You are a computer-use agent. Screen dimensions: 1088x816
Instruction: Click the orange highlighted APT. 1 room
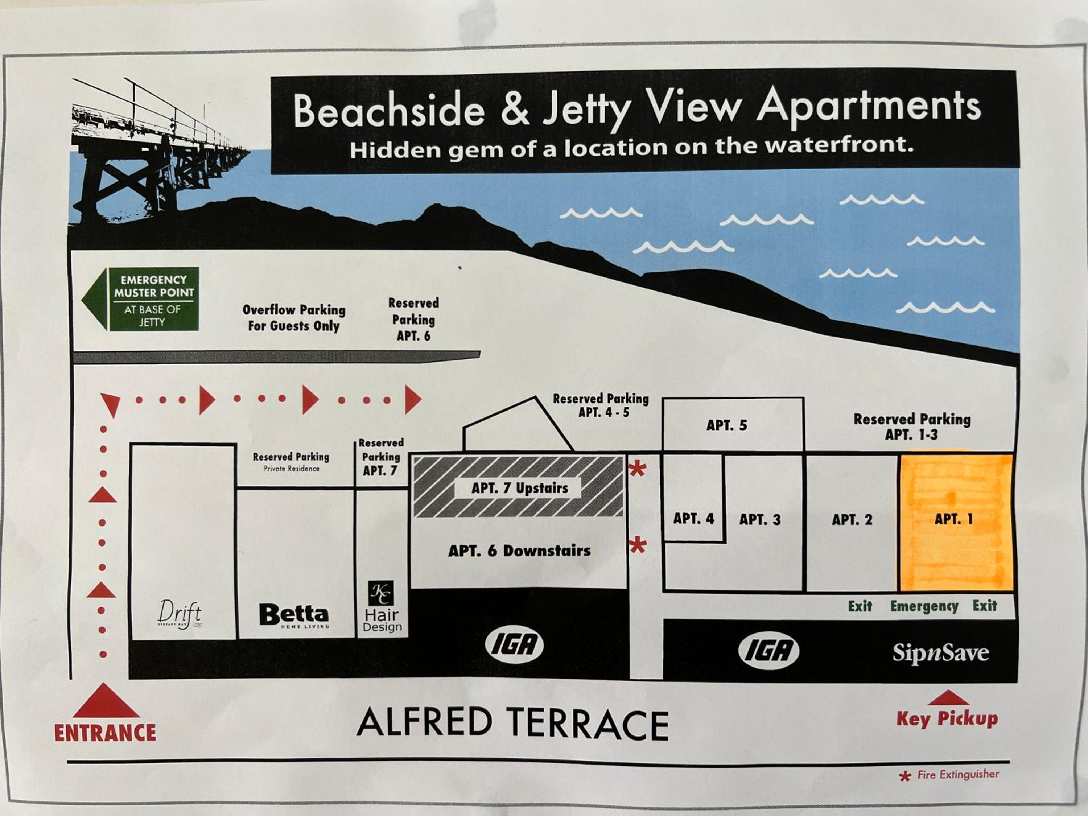(x=956, y=522)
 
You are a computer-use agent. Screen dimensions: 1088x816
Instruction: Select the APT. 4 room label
(x=693, y=518)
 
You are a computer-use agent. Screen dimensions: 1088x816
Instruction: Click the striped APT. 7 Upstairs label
(x=519, y=488)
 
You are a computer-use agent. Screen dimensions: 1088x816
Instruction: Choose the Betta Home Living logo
(x=294, y=616)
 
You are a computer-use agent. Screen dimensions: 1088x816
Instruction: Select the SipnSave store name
(x=940, y=654)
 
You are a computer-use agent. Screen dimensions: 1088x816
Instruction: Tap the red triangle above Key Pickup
(x=948, y=698)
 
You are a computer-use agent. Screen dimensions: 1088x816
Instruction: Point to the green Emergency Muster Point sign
(x=141, y=299)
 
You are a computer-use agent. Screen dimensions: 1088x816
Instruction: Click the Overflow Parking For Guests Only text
(x=294, y=318)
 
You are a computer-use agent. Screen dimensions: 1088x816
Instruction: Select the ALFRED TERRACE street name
(x=512, y=724)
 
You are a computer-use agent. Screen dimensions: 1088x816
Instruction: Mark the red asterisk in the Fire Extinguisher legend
(x=904, y=777)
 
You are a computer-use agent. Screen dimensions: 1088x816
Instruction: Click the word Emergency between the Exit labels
(x=924, y=606)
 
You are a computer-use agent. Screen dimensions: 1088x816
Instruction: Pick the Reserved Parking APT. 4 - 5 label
(x=601, y=405)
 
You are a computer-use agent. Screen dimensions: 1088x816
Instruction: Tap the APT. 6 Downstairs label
(x=519, y=551)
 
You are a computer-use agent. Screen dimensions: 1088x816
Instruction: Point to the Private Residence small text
(x=292, y=469)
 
